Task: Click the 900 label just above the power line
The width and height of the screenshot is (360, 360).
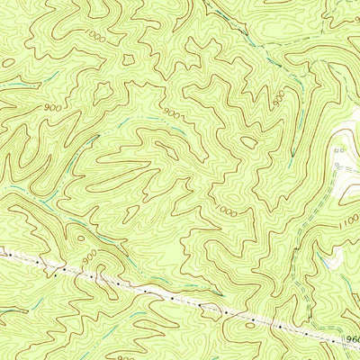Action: point(89,257)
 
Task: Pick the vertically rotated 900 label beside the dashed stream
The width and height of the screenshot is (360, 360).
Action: point(279,96)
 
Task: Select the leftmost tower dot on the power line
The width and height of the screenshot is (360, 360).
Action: point(7,255)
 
